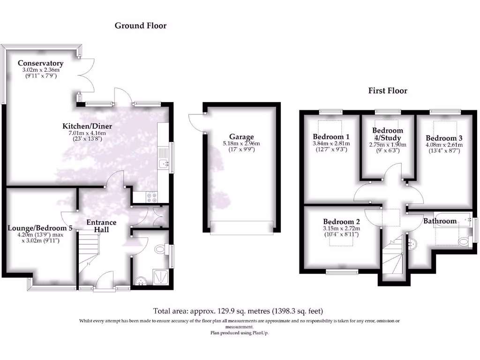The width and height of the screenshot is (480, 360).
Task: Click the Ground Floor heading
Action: [141, 26]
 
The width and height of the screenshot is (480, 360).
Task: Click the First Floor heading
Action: [388, 91]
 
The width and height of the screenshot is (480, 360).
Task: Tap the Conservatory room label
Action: [40, 63]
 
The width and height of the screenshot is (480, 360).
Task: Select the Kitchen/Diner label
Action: [87, 127]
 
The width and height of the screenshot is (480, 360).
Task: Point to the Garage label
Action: [242, 137]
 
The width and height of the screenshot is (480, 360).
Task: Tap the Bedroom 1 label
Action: [331, 137]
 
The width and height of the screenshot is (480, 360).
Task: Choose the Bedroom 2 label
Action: [341, 221]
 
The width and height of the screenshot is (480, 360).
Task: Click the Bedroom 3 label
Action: [444, 138]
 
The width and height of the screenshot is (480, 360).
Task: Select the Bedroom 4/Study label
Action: [387, 134]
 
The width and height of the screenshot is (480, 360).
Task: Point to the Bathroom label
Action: [440, 221]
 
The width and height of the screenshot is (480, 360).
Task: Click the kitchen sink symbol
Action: [164, 164]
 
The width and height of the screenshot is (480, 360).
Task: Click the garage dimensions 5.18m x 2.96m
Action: [242, 144]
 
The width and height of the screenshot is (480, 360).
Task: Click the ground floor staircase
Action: [88, 253]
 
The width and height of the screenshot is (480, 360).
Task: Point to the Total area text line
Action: [238, 311]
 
